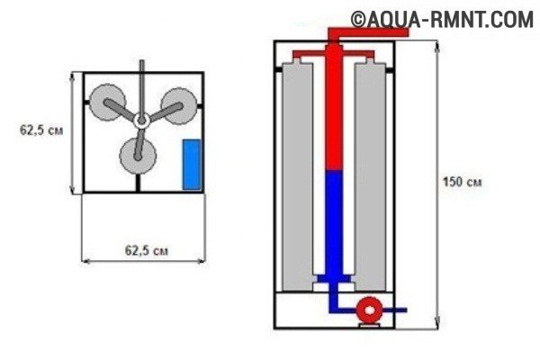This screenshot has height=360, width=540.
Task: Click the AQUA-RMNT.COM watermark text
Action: [x=442, y=19]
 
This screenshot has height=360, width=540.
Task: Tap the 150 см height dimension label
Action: [x=463, y=182]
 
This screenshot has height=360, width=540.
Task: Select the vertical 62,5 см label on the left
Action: [x=41, y=130]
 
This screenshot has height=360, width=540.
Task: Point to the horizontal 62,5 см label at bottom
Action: [x=147, y=250]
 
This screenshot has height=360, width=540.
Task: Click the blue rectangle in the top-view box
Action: [x=192, y=165]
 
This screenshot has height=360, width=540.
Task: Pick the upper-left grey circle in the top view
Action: [x=107, y=102]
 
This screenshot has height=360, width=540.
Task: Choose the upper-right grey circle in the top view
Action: [x=179, y=106]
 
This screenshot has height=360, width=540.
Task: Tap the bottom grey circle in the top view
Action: [x=138, y=156]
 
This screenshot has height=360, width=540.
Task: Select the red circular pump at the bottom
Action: [x=369, y=310]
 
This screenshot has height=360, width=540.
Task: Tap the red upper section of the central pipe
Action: [x=334, y=107]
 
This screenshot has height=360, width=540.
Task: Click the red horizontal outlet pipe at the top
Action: [x=368, y=32]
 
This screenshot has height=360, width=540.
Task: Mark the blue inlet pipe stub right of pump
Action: [x=395, y=310]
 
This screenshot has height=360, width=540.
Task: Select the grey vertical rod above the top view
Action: [x=141, y=86]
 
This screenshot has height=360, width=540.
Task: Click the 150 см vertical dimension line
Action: [x=437, y=185]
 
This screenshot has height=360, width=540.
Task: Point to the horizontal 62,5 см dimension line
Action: [x=144, y=262]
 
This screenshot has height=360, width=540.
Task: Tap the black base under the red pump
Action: [x=369, y=326]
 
